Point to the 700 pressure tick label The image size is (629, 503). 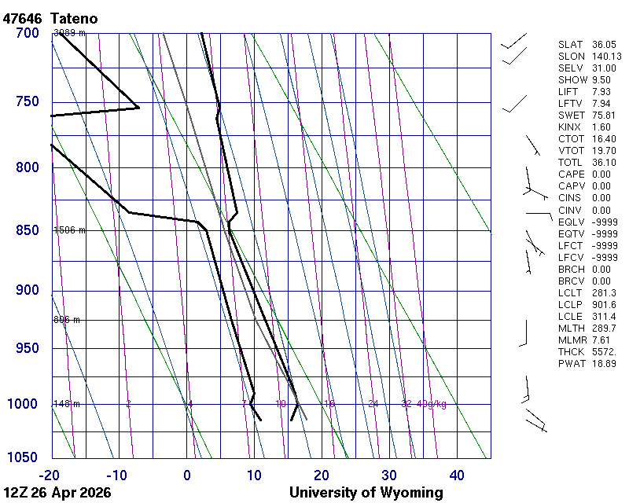pos(27,33)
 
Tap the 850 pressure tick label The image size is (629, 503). pos(27,230)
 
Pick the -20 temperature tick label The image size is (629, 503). pos(50,475)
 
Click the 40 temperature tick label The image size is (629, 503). pos(457,475)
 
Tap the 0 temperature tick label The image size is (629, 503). pos(187,475)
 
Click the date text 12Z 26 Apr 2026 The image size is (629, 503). pos(57,493)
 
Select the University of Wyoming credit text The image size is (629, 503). pos(366,493)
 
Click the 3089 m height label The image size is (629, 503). pos(69,33)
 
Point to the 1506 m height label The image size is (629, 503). pos(69,230)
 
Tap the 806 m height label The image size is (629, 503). pos(67,320)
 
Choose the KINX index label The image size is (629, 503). pos(571,127)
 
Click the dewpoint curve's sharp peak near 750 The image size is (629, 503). pos(138,107)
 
